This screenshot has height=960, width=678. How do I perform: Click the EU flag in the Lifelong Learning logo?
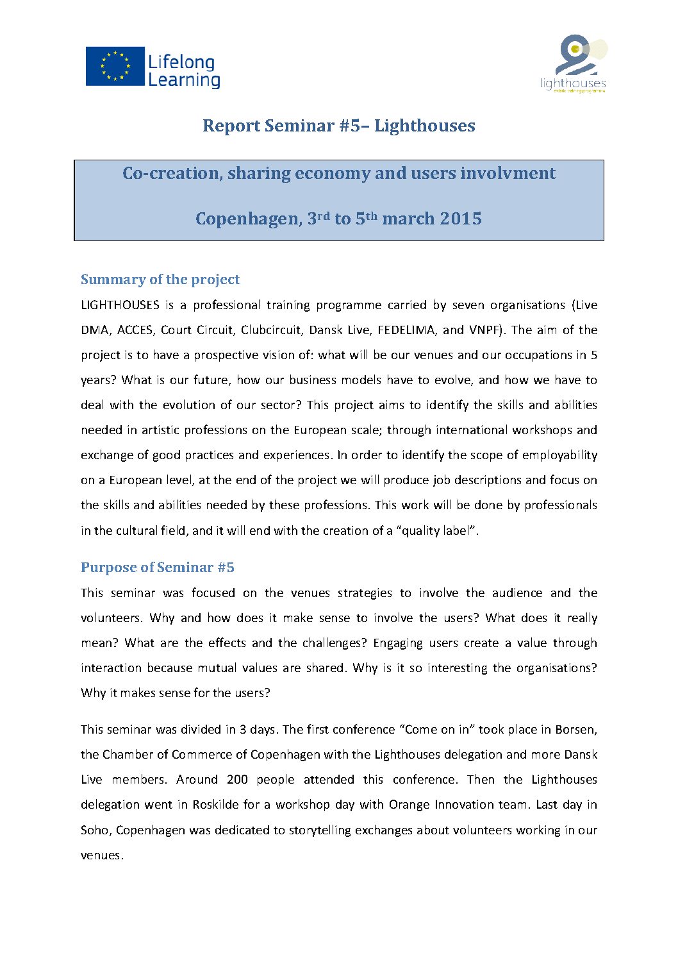point(115,67)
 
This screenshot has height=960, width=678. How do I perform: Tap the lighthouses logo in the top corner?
point(573,64)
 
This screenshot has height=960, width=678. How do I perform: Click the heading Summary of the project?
point(160,280)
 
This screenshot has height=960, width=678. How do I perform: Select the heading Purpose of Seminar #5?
point(158,568)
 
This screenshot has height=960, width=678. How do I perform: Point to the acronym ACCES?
point(135,330)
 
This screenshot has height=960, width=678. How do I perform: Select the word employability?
point(559,455)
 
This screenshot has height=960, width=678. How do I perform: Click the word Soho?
point(95,830)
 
